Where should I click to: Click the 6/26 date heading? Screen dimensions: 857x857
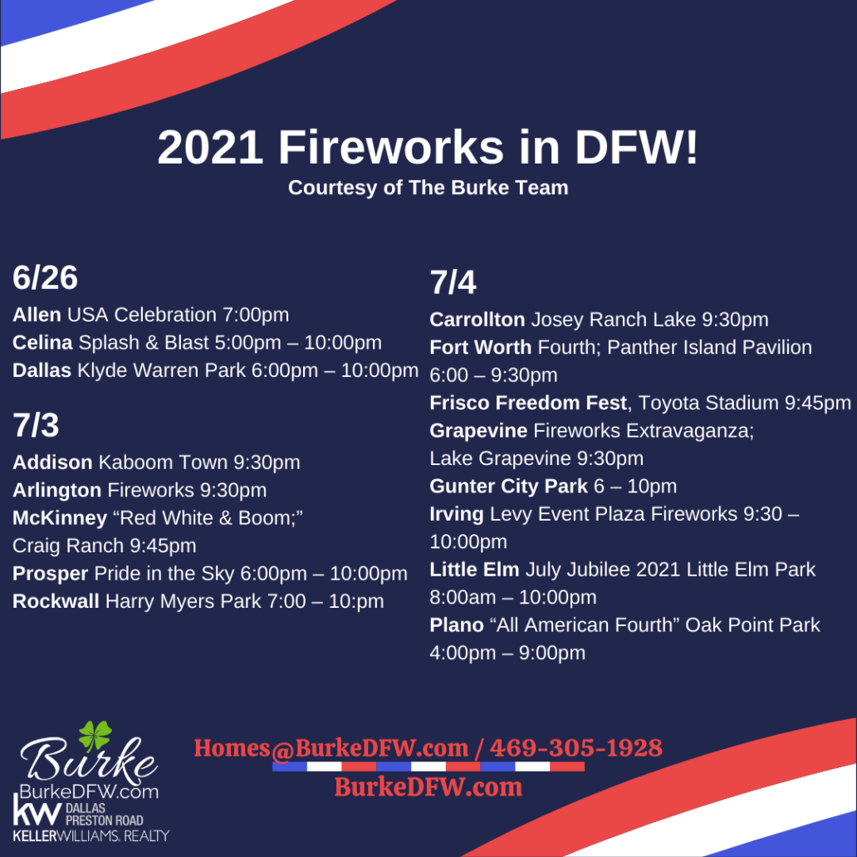[x=45, y=279]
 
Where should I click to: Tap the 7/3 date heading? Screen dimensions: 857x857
[x=36, y=425]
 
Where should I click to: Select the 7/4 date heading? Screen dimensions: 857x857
[x=453, y=283]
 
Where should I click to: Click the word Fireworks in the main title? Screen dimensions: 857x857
[x=390, y=148]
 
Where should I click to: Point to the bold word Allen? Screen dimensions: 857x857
[x=37, y=315]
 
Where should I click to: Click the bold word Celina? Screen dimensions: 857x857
[x=42, y=342]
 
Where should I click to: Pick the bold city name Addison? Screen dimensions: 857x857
[x=52, y=462]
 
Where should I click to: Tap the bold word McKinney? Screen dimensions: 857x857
[x=60, y=517]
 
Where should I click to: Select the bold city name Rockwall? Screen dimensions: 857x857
[x=56, y=600]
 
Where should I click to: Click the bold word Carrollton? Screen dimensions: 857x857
[x=477, y=320]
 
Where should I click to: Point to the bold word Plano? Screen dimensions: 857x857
[x=457, y=624]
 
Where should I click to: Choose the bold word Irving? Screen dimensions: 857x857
[x=457, y=514]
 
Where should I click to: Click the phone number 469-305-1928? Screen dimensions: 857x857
[x=575, y=747]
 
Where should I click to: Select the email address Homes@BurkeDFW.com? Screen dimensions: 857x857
[x=331, y=747]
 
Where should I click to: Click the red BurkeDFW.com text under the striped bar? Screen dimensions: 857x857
[x=428, y=786]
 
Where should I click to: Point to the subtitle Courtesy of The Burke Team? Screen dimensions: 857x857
[x=428, y=188]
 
